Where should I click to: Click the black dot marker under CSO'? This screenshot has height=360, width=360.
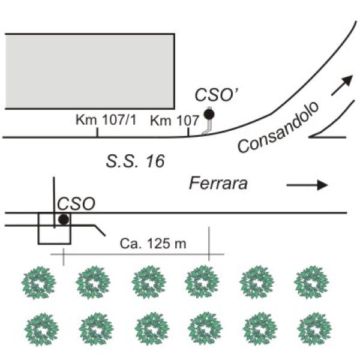click(209, 114)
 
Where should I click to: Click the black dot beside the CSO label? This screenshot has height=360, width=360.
click(64, 219)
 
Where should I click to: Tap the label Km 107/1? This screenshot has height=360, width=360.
click(106, 120)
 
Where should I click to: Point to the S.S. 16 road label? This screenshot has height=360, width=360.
click(135, 161)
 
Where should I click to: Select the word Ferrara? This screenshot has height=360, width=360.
click(218, 184)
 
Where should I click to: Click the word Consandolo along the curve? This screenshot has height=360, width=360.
click(278, 127)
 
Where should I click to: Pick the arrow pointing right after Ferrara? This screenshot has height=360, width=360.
click(307, 185)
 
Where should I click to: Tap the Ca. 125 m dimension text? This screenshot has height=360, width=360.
click(153, 244)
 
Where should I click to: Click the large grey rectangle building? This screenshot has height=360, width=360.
click(90, 71)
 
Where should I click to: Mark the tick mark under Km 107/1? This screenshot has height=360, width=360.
click(97, 133)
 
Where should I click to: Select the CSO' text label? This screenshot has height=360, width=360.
click(217, 95)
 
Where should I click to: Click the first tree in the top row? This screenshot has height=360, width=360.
click(38, 283)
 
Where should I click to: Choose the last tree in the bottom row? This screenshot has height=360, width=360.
click(314, 329)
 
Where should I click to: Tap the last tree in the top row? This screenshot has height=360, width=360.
click(311, 283)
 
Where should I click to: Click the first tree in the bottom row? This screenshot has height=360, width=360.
click(41, 329)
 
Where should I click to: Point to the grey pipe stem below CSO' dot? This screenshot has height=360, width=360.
click(208, 127)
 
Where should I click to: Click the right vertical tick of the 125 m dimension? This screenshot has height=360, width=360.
click(209, 244)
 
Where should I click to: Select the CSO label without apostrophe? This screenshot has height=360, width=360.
click(76, 203)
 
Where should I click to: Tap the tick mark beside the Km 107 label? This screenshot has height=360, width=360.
click(188, 132)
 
